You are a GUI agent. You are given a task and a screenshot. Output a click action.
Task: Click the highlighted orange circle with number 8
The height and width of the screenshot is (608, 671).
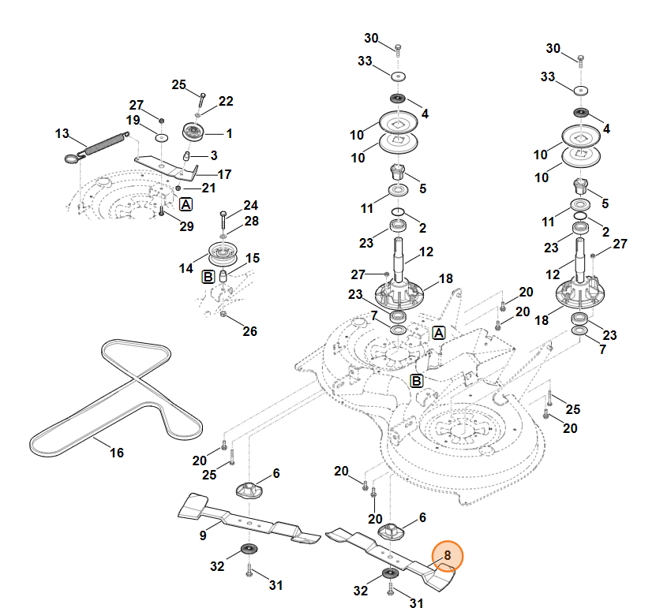point(447,556)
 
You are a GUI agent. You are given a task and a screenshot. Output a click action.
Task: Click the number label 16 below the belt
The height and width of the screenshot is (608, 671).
point(116,453)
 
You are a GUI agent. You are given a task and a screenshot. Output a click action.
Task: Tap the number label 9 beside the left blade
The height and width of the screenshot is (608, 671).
point(203,535)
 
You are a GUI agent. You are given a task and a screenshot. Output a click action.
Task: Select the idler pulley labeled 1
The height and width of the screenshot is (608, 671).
point(192,131)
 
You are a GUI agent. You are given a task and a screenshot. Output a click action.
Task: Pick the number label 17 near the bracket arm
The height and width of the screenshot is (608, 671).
point(224,174)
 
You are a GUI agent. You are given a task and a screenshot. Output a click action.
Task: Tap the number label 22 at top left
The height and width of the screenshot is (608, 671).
point(226,101)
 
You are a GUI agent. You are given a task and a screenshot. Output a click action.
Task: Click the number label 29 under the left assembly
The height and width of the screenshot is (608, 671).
point(186,226)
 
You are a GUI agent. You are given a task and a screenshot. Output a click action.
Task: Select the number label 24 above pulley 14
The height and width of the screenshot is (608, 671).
point(250,205)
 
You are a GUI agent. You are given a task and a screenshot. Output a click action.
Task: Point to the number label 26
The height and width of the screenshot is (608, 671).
point(249,331)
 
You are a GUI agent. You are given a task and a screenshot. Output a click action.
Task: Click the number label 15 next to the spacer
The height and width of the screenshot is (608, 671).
point(252,258)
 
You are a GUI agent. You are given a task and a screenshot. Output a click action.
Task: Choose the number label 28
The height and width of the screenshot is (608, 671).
point(250,222)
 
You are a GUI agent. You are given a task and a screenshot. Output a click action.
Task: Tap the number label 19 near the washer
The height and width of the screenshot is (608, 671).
point(133,120)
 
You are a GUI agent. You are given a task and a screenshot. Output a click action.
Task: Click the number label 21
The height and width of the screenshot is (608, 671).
point(208,188)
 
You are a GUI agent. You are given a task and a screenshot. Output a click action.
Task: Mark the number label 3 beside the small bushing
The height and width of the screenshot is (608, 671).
point(213,155)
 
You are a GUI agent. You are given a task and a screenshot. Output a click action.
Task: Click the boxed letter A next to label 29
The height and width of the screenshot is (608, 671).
point(186,204)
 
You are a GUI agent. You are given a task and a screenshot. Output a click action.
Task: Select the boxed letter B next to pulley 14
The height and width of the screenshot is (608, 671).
point(208,277)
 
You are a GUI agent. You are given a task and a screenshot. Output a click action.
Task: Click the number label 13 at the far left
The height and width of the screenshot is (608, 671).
point(62,133)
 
